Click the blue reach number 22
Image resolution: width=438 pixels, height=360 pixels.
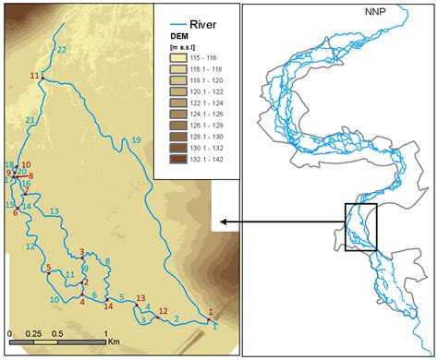pos(61,49)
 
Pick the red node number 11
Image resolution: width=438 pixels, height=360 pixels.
pos(34,75)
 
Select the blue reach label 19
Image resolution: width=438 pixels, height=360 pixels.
pos(137,139)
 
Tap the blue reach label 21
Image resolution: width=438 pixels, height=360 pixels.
pos(30,121)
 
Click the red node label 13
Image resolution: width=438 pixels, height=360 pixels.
pos(140,298)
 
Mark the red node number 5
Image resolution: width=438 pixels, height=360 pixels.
pos(47,268)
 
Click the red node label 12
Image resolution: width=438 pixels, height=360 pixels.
pos(164,311)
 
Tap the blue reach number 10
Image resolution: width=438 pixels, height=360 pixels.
pos(55,300)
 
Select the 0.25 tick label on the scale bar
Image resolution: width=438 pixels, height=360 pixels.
pos(33,333)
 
